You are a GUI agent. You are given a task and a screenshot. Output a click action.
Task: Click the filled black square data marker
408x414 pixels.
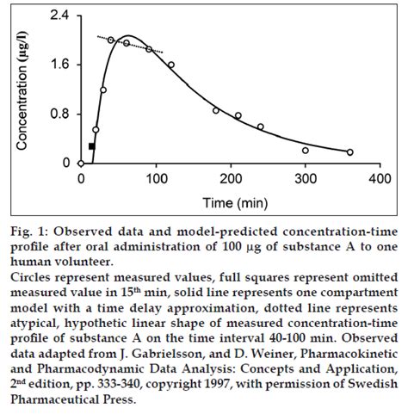[92, 146]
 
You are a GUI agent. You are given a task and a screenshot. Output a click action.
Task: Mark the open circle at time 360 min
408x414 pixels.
[349, 151]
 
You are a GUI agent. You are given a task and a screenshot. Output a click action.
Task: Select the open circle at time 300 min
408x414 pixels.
[305, 150]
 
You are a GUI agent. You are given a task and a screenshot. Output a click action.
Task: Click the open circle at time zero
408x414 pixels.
[81, 163]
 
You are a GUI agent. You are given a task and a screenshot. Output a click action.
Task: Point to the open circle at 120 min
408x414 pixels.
[170, 65]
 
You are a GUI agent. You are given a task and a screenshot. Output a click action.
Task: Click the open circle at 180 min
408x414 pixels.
[216, 110]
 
